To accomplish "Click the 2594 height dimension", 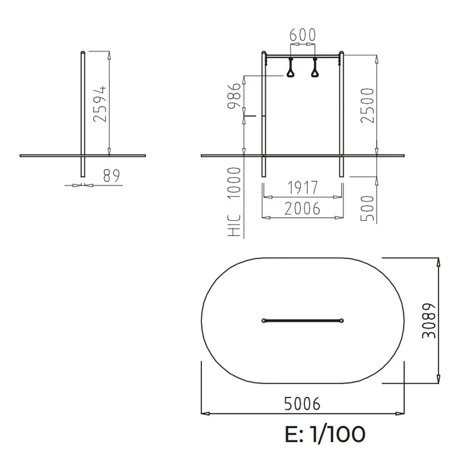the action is tap(100, 104).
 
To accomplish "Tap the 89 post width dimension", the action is tap(111, 175).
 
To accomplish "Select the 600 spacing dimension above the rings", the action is tap(303, 35).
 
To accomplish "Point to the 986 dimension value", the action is tap(234, 96).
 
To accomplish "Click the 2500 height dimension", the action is tap(367, 105).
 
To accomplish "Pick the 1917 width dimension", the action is tap(303, 188).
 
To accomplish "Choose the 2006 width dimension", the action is tap(303, 208).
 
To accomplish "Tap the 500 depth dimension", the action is tap(367, 208).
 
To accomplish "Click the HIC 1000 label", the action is tap(234, 201).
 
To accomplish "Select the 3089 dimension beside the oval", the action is tap(429, 321).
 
